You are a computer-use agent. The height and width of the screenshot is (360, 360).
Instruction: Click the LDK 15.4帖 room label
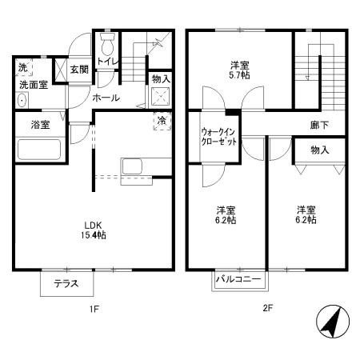95,230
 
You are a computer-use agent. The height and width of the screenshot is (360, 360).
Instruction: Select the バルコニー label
238,279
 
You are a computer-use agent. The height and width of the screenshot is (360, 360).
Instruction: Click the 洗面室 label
34,83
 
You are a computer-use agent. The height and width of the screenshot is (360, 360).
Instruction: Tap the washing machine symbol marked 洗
24,67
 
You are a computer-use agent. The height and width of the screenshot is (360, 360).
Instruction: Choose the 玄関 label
78,70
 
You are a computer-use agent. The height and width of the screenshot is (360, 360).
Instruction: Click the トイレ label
106,61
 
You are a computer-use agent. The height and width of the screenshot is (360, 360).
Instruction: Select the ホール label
106,98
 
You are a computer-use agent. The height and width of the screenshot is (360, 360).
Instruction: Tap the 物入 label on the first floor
161,78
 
